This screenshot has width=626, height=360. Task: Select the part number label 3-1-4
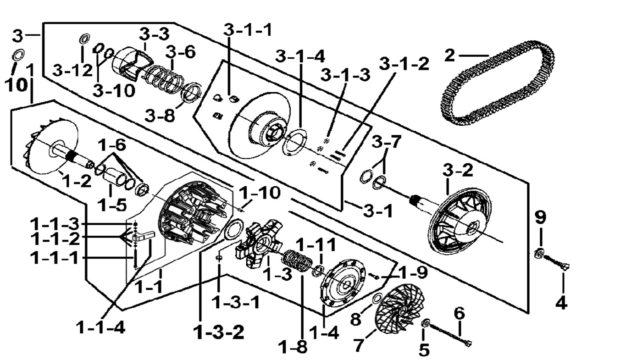pos(300,56)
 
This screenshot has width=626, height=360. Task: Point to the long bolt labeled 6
pos(449,333)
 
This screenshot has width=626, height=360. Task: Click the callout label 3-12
pos(70,70)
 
